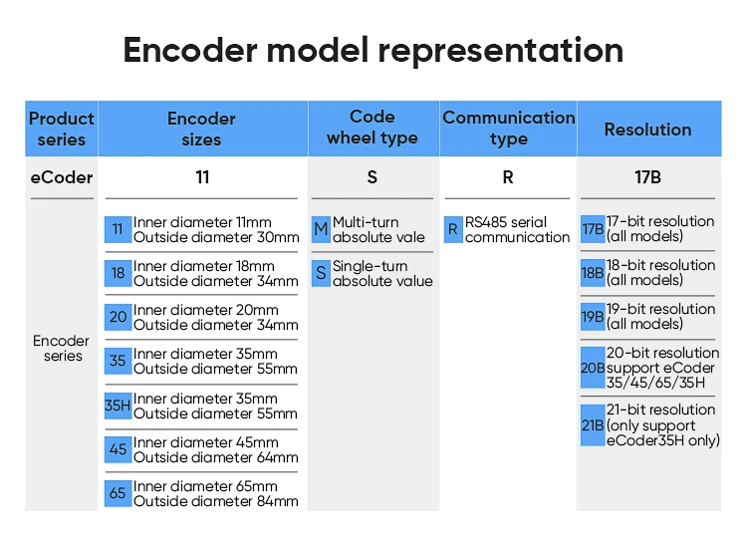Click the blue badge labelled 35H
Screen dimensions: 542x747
click(x=119, y=406)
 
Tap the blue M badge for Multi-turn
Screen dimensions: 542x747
click(x=321, y=230)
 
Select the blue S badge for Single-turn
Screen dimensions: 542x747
click(x=321, y=273)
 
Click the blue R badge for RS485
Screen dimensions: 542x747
click(x=453, y=230)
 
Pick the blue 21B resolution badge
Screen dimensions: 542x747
click(x=593, y=425)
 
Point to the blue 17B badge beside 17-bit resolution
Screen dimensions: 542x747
click(x=593, y=229)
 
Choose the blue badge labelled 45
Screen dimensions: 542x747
click(x=119, y=449)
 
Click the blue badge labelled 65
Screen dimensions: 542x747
click(x=119, y=493)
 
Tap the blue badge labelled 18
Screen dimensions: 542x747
click(x=119, y=273)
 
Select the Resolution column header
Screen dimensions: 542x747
click(x=647, y=130)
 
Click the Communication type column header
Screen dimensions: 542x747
click(x=508, y=129)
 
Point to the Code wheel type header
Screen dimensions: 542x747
click(x=373, y=129)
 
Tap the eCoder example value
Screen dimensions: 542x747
click(x=62, y=178)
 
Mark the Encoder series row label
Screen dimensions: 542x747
click(x=62, y=349)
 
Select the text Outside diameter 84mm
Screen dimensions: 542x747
click(x=216, y=501)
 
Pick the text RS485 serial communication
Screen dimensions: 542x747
click(x=517, y=230)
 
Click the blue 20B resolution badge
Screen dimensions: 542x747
click(x=593, y=368)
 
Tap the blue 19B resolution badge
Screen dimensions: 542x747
click(x=593, y=317)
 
